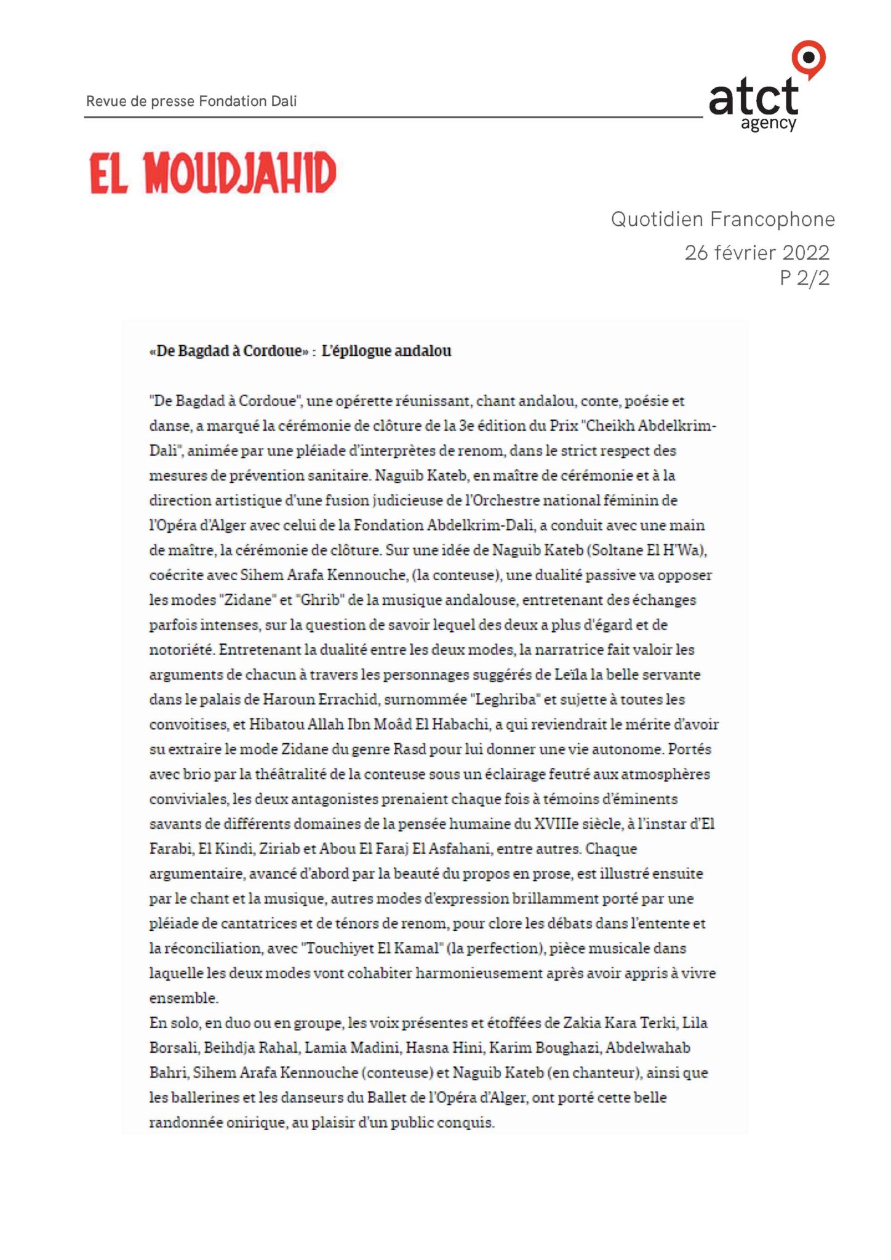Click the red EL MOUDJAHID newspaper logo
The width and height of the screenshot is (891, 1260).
(x=213, y=173)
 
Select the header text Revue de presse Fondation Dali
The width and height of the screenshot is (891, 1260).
(x=191, y=101)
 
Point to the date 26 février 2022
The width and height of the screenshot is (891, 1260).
(x=757, y=252)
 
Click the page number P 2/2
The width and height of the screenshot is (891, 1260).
(x=804, y=278)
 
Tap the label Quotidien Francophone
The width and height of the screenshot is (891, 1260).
(x=722, y=219)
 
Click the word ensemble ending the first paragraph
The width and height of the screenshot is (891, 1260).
(x=183, y=998)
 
